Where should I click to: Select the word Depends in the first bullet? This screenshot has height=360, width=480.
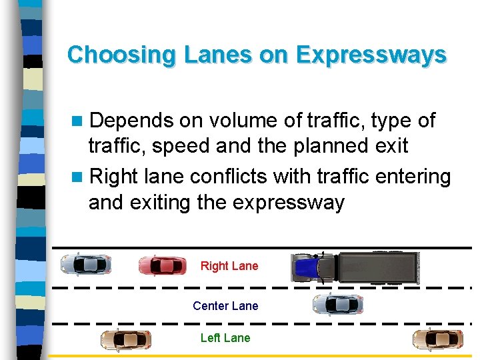pos(131,121)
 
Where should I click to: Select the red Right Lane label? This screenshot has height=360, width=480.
pos(229,266)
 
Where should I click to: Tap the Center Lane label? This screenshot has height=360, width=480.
pos(225,306)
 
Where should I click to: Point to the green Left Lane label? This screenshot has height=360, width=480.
pos(225,338)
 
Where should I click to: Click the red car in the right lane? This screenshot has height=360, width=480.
pos(162,265)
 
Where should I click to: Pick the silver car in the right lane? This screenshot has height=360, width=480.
pos(85,264)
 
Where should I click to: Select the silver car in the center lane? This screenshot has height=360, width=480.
pos(337,305)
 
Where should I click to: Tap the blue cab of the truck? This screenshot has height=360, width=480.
pos(308,267)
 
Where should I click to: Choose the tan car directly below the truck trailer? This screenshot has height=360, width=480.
pos(437,339)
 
